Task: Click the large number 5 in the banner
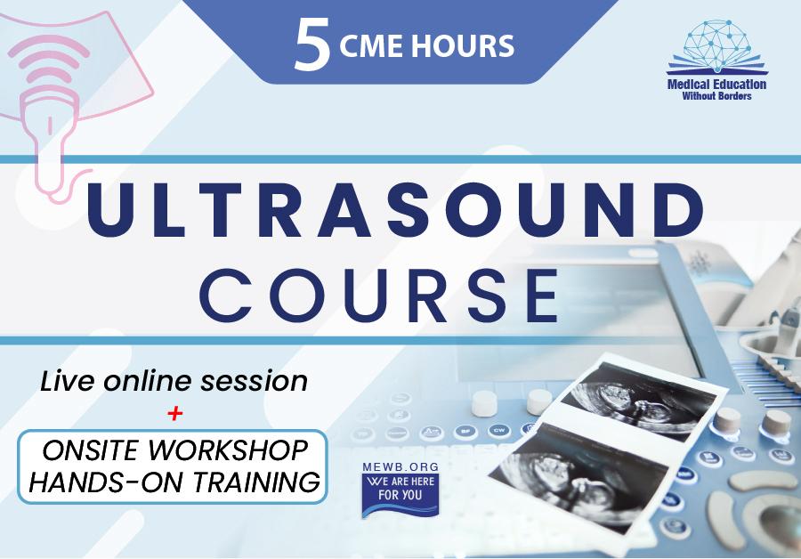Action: click(x=312, y=45)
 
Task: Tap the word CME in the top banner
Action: click(x=372, y=46)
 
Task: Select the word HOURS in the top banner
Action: click(x=463, y=46)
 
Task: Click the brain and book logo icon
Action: click(x=716, y=47)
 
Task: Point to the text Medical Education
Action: click(x=716, y=85)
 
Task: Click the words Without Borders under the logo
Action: click(x=716, y=96)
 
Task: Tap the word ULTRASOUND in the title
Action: click(x=396, y=209)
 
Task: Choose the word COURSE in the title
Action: click(x=379, y=296)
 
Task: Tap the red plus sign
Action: click(x=174, y=413)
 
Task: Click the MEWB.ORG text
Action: click(x=400, y=467)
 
